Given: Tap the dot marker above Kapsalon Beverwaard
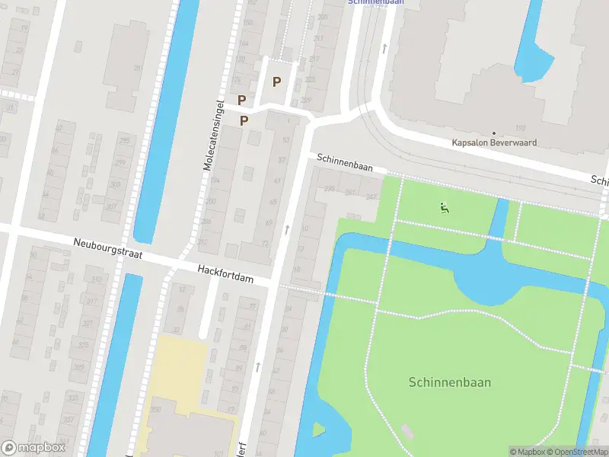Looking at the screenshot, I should coord(494,133).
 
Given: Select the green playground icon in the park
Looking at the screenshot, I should coord(444,206).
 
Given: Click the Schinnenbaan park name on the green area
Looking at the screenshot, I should coord(449,382).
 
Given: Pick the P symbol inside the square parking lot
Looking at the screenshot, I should coord(276,82).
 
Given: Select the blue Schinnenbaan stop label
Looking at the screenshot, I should coord(375,2).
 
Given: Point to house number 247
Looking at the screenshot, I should coord(371,197).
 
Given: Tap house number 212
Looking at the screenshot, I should coord(202,242).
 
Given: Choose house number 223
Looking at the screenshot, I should coord(309,80).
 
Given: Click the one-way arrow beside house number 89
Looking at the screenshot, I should coord(257,367).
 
